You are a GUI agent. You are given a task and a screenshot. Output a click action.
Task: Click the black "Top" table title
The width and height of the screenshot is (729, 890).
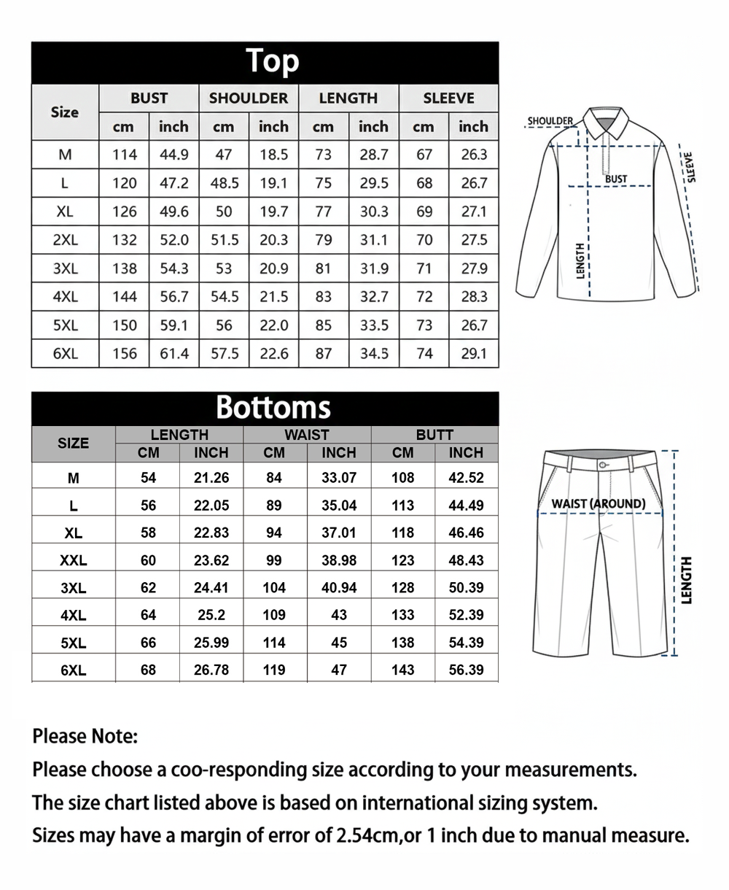coord(272,62)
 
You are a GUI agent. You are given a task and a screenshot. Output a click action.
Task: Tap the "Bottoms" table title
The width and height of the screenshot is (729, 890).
coord(273,407)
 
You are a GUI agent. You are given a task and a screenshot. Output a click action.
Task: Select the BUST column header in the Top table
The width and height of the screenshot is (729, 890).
coord(149,98)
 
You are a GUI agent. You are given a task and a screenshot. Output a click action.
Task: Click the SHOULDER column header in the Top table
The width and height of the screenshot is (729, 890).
coord(249,98)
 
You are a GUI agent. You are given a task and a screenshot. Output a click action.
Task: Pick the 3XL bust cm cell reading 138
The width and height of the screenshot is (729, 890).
coord(124,268)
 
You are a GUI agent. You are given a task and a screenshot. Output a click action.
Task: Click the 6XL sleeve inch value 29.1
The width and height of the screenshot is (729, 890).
coord(474,354)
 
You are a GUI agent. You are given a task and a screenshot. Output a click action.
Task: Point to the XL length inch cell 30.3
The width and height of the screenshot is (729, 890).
coord(374,212)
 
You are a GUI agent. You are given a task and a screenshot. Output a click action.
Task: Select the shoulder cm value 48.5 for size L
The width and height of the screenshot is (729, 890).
coord(224,183)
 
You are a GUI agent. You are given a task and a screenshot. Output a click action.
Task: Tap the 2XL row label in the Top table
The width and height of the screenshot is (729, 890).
coord(65,240)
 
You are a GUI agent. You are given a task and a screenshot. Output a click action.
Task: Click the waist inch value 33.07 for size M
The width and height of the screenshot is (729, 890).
coord(339,478)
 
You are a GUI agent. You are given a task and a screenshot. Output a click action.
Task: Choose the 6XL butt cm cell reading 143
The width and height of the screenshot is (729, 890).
coord(402,670)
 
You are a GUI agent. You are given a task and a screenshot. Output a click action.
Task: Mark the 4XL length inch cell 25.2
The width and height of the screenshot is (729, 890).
coord(211,615)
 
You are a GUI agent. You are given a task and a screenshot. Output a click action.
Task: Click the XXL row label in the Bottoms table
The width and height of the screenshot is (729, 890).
coord(73,561)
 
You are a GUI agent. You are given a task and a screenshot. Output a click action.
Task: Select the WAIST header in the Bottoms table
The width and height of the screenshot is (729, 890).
coord(307,435)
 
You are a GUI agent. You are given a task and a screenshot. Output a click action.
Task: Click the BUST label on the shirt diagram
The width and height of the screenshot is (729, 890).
coord(616,179)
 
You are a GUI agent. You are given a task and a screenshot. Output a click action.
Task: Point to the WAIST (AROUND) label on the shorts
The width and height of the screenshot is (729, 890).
coord(599,503)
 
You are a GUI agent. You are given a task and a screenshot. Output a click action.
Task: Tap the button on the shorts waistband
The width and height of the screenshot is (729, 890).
coord(602,465)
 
